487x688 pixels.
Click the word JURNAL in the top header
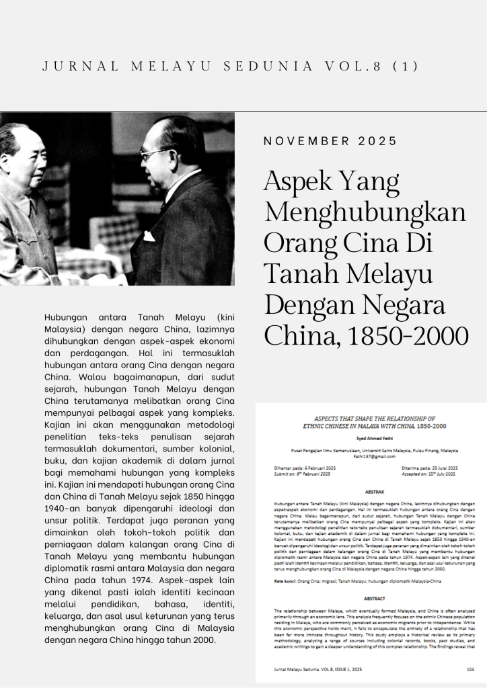coord(80,67)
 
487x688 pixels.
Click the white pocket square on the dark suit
coord(149,236)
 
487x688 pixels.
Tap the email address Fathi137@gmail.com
coord(371,456)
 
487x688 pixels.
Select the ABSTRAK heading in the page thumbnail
coord(371,492)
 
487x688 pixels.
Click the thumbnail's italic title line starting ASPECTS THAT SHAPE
coord(371,418)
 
